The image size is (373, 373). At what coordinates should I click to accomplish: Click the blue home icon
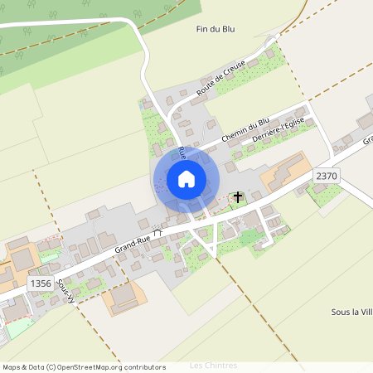[x=186, y=178]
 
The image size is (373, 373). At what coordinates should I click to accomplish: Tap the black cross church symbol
[x=239, y=197]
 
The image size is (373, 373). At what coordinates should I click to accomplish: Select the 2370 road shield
[x=327, y=176]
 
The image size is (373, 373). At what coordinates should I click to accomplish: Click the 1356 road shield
[x=40, y=283]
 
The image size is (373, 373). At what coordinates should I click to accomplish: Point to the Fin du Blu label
[x=216, y=29]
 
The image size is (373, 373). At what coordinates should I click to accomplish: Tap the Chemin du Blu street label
[x=246, y=130]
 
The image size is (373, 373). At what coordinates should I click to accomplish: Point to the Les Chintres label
[x=213, y=366]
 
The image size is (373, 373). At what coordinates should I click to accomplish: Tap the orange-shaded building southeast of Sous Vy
[x=124, y=298]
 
